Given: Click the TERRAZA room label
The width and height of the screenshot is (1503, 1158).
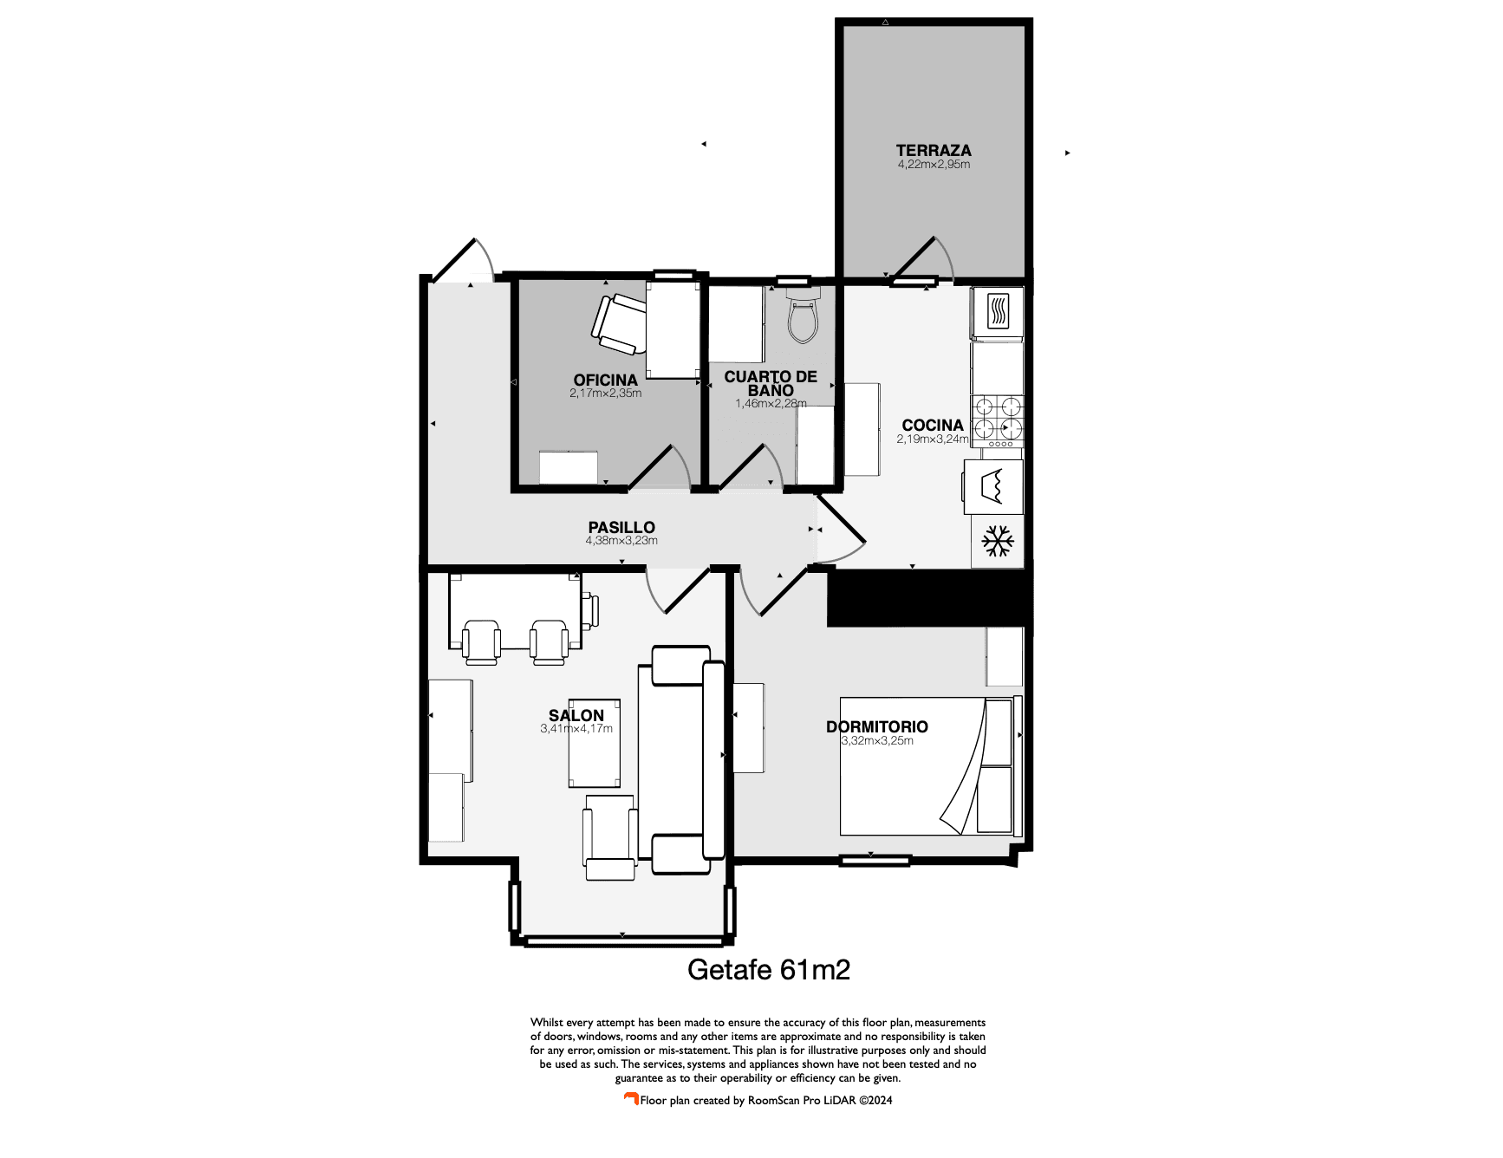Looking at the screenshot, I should click(934, 150).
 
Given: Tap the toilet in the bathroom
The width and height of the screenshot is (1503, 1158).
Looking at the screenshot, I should click(803, 316).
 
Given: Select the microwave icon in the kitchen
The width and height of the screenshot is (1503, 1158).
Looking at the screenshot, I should click(998, 311).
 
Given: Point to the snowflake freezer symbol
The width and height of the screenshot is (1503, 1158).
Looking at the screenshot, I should click(998, 542).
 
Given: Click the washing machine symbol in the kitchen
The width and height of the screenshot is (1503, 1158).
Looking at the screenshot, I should click(992, 486).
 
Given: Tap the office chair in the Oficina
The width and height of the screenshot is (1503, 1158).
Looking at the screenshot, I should click(617, 324).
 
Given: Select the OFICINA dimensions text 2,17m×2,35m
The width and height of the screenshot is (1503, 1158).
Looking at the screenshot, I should click(605, 394).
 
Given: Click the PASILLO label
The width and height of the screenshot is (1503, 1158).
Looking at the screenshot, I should click(621, 527).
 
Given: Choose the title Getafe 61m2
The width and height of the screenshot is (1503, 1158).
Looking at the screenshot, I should click(768, 969).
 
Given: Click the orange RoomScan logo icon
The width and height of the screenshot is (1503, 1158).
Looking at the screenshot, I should click(631, 1099).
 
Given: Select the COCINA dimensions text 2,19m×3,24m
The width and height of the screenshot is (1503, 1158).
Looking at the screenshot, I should click(933, 439).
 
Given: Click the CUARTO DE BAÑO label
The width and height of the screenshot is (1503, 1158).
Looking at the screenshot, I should click(771, 383).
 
